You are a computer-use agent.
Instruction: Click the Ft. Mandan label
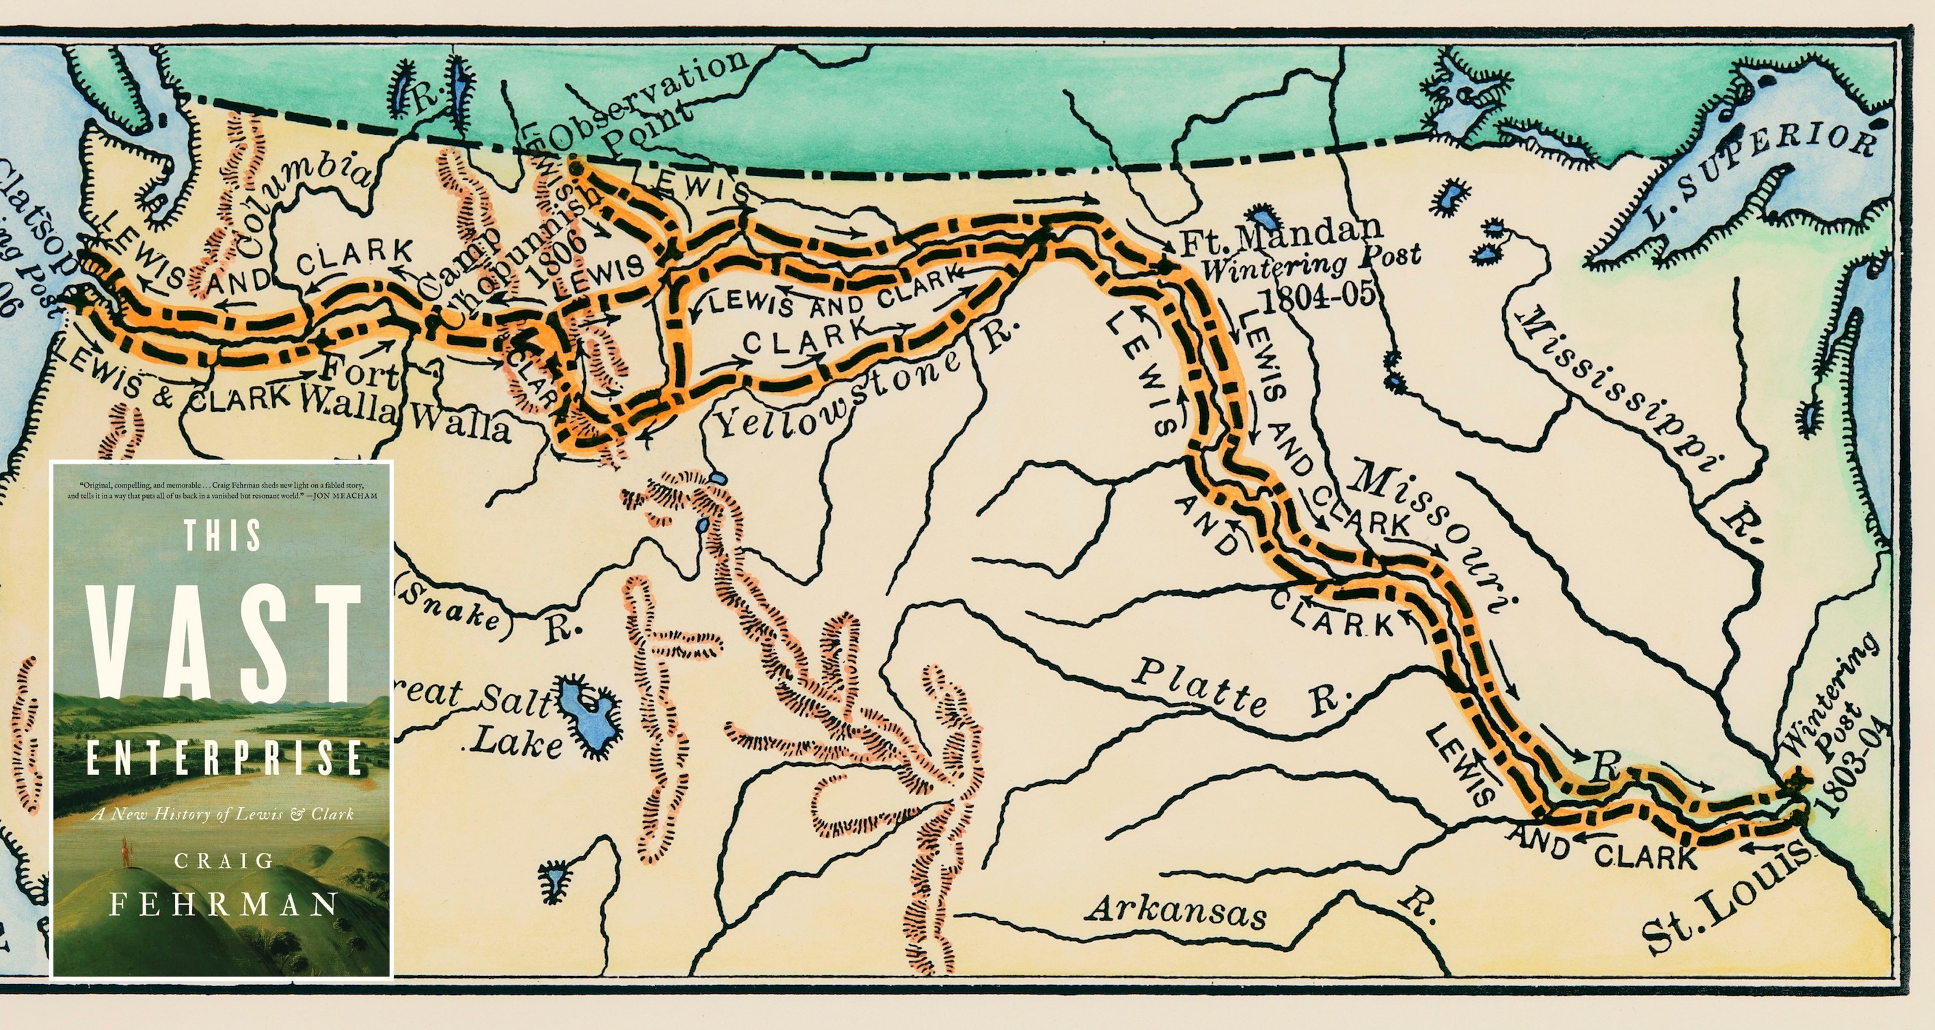pos(1281,235)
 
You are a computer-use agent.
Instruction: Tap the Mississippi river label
pos(1623,391)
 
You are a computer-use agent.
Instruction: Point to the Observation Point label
pos(646,105)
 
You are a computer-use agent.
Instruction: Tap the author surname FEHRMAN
pos(223,903)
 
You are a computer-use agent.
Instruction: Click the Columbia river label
pos(300,203)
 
